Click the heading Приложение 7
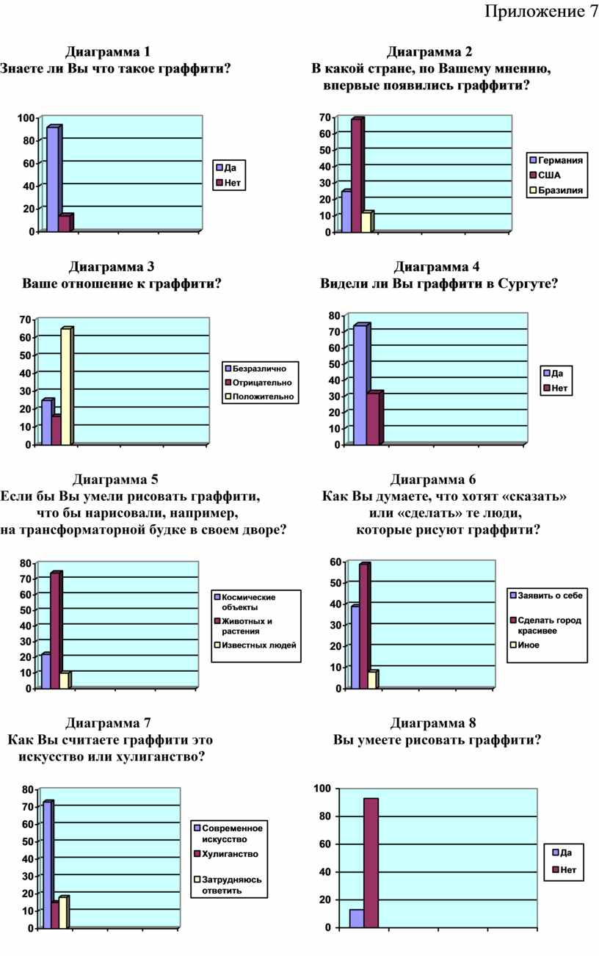541,12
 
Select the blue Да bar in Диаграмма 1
52,180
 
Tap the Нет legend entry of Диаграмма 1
228,183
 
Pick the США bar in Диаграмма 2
356,176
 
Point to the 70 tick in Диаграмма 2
324,117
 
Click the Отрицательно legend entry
261,383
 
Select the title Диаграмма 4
437,266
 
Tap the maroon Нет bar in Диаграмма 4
374,419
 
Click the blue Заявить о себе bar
355,648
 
